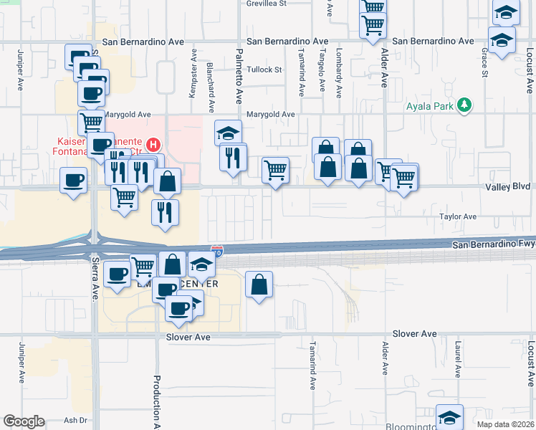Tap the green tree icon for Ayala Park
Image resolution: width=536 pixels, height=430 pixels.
coord(464,105)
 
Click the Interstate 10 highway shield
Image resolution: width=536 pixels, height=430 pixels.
coord(217,252)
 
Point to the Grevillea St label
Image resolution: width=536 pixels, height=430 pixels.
coord(267,4)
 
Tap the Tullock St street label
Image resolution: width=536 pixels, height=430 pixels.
coord(264,70)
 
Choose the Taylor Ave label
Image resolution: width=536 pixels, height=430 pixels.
coord(458,216)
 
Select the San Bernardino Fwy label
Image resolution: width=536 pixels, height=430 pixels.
coord(494,245)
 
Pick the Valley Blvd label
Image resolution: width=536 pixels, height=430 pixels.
coord(510,186)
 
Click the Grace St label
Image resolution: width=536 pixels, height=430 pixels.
coord(485,63)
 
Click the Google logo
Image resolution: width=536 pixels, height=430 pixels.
coord(23,421)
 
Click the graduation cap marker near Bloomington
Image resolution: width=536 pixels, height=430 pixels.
coord(449,416)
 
